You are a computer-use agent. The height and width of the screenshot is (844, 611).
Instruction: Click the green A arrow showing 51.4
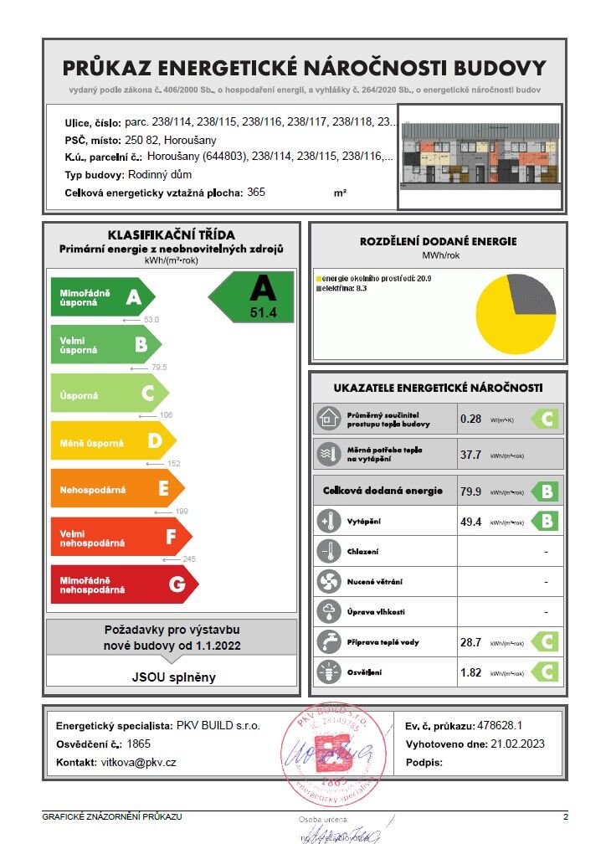coord(255,296)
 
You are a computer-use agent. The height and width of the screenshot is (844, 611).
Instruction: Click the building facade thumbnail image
coord(480,157)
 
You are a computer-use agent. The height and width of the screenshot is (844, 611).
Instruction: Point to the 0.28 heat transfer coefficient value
coord(471,418)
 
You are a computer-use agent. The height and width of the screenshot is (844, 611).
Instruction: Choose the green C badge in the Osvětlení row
coord(546,672)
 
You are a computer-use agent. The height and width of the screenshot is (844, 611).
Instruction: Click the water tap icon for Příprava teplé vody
coord(327,642)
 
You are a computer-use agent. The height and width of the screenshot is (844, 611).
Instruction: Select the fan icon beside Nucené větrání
coord(327,581)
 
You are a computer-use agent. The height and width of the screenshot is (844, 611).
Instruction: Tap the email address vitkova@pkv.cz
coord(139,763)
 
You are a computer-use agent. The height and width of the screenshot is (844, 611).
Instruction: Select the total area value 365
coord(256,193)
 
